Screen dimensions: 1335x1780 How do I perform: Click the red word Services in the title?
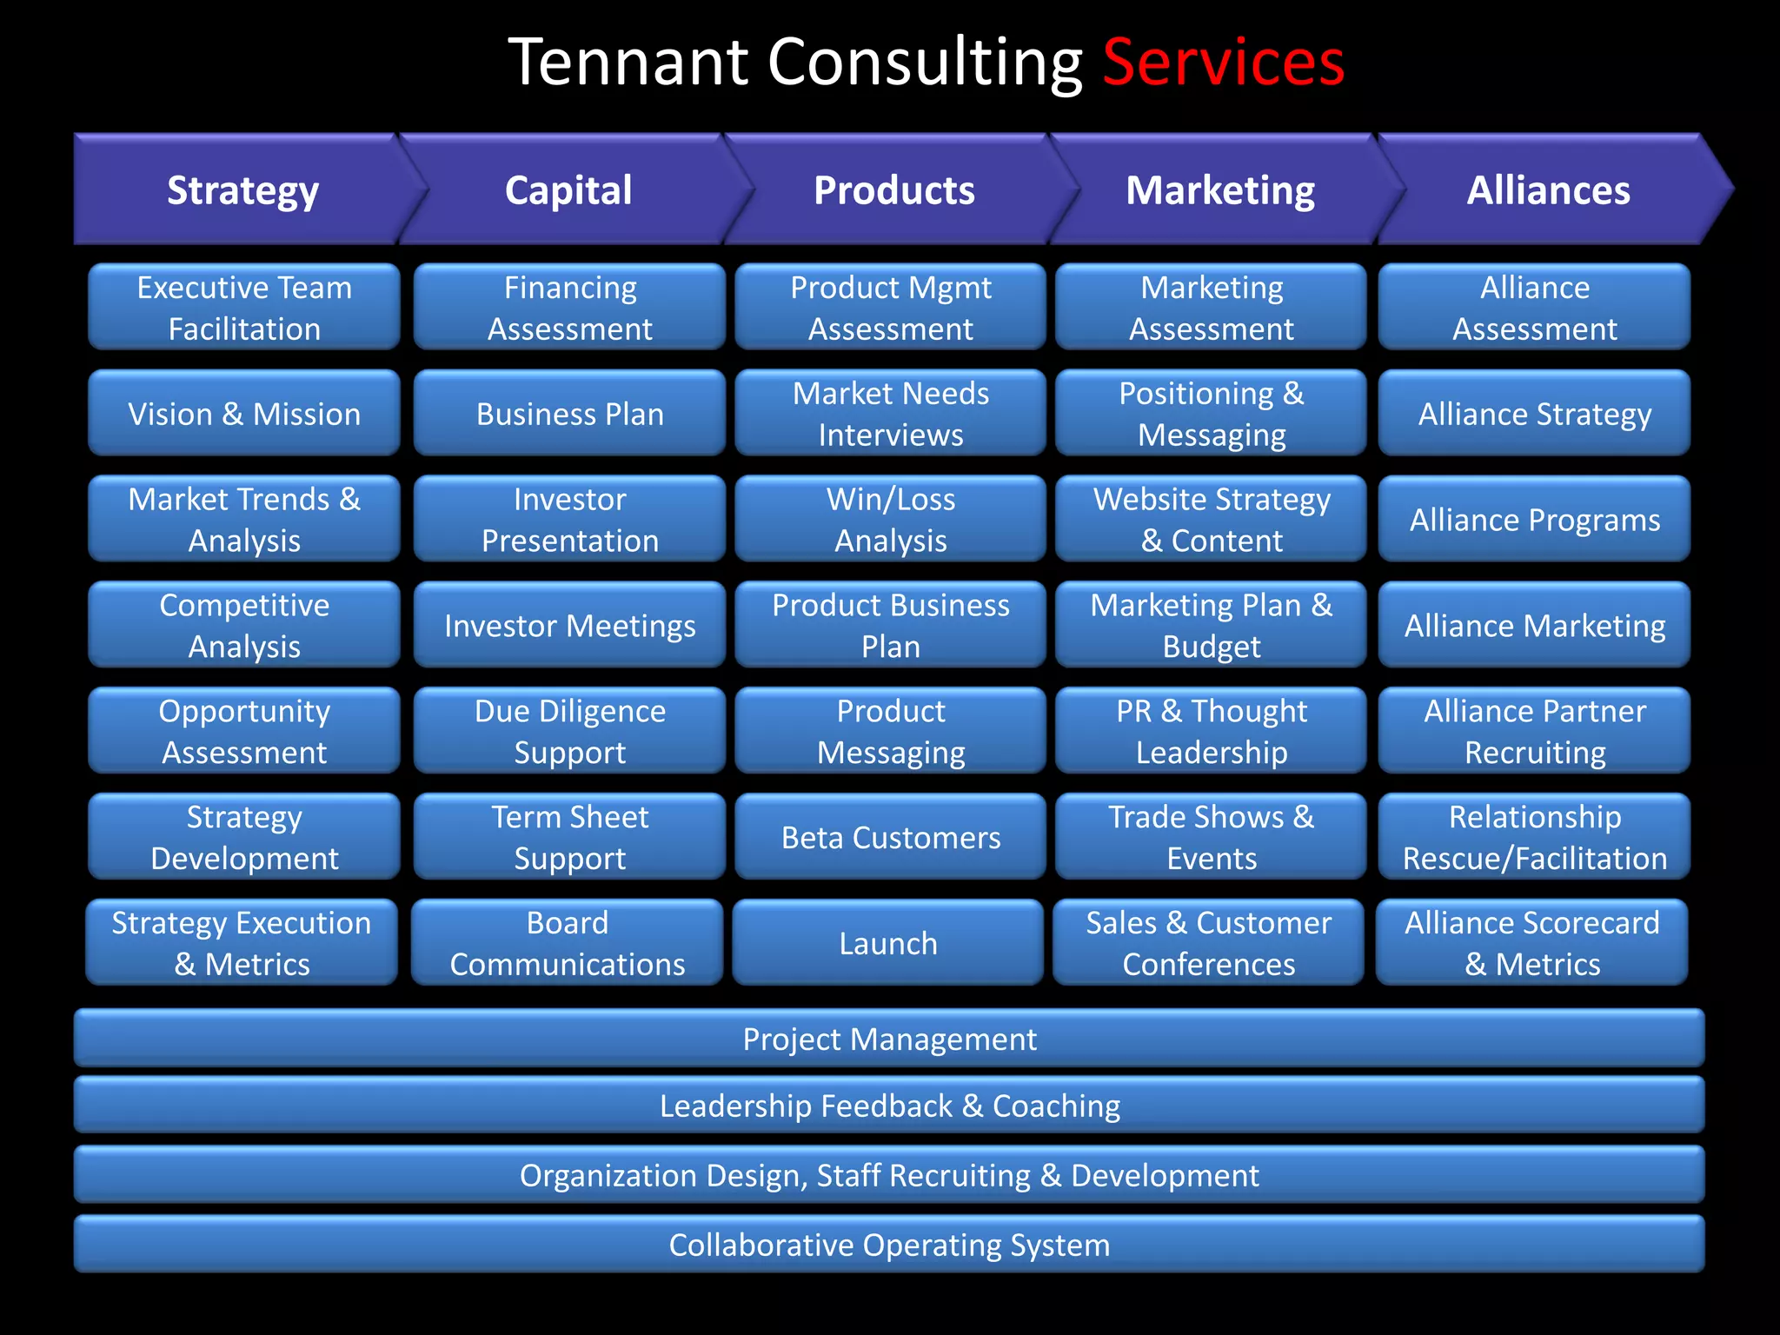click(1223, 63)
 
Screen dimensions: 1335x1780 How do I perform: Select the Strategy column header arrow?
click(243, 189)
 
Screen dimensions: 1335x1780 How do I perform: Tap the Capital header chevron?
click(568, 189)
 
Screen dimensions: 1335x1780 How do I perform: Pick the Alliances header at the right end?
click(1548, 189)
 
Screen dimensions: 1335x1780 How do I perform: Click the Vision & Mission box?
click(244, 413)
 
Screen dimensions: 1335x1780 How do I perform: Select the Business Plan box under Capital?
click(569, 413)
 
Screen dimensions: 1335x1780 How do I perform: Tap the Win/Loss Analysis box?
click(890, 519)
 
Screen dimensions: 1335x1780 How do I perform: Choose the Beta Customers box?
click(890, 836)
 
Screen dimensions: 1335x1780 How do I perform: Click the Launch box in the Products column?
click(887, 942)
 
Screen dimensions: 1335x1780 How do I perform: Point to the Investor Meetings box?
click(569, 625)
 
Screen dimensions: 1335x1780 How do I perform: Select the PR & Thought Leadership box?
click(1211, 731)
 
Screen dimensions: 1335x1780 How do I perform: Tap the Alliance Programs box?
click(1534, 519)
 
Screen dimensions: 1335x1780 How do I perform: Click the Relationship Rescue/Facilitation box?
click(1534, 836)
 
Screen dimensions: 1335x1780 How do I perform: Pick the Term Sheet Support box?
click(569, 836)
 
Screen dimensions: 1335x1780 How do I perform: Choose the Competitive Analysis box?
click(244, 625)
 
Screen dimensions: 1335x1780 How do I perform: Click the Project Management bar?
click(889, 1038)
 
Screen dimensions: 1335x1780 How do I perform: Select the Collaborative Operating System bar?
click(889, 1244)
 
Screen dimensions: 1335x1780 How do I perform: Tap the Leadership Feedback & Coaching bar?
click(889, 1105)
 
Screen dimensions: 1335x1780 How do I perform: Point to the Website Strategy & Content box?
click(1211, 519)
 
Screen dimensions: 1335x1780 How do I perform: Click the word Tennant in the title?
click(628, 63)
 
